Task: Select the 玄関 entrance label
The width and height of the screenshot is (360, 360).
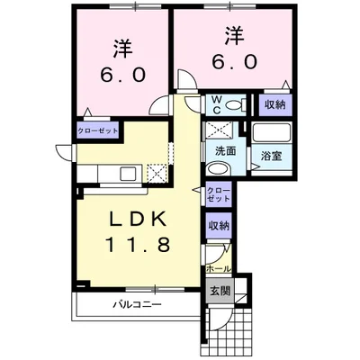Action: click(x=220, y=291)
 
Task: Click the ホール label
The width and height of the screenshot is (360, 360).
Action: click(x=219, y=268)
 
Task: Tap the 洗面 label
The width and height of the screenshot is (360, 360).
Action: click(x=225, y=150)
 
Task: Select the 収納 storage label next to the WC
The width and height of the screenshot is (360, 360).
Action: click(x=274, y=104)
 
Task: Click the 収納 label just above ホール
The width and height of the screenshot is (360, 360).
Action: click(x=219, y=226)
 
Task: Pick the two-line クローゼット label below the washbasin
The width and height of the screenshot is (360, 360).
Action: click(x=219, y=195)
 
